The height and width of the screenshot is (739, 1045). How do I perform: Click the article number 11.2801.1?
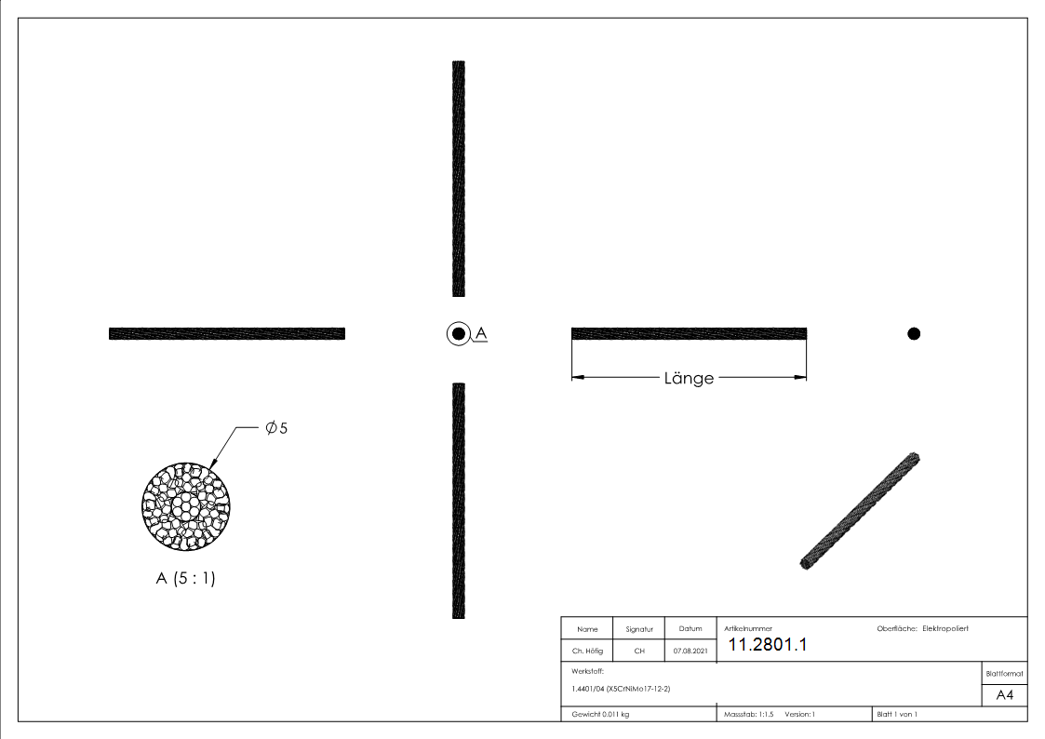point(767,645)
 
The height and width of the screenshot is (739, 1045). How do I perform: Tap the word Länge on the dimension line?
point(690,378)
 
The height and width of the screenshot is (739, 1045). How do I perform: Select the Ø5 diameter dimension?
point(276,428)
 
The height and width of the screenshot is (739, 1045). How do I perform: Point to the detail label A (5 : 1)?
point(185,578)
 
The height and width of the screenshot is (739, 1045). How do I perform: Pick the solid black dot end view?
point(914,333)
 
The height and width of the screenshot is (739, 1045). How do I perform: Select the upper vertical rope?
point(458,179)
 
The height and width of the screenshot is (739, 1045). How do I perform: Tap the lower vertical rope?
point(458,500)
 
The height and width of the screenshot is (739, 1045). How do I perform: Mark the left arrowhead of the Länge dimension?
point(578,377)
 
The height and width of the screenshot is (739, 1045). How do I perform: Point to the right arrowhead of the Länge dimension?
point(800,377)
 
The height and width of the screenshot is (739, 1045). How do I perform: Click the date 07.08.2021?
point(690,652)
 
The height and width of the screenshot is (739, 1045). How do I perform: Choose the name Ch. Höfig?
point(587,652)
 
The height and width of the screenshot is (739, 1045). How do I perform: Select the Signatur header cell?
point(638,630)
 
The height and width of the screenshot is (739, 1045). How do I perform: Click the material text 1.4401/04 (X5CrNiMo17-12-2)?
point(621,689)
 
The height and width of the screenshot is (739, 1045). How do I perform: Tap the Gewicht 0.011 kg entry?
point(600,714)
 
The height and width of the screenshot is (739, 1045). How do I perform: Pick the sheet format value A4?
point(1005,695)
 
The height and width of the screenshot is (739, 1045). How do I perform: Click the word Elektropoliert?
point(945,629)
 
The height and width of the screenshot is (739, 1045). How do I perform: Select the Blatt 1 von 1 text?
point(897,714)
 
